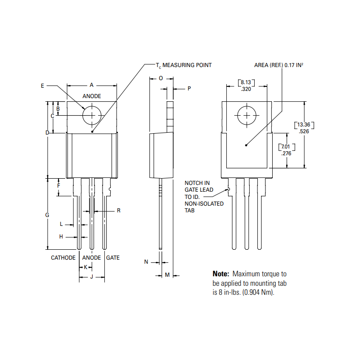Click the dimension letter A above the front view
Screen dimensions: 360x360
pyautogui.click(x=91, y=85)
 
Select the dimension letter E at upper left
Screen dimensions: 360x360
pyautogui.click(x=42, y=85)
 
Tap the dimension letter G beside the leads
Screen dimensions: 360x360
pyautogui.click(x=47, y=215)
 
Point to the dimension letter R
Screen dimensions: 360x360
pyautogui.click(x=118, y=210)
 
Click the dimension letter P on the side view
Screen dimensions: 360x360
pyautogui.click(x=189, y=89)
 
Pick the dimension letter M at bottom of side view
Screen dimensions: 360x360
pyautogui.click(x=166, y=274)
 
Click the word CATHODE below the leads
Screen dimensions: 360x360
pyautogui.click(x=63, y=258)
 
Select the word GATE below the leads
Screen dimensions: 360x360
pyautogui.click(x=113, y=258)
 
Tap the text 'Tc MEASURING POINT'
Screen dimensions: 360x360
pyautogui.click(x=184, y=65)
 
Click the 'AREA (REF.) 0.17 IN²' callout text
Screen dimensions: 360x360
pyautogui.click(x=279, y=65)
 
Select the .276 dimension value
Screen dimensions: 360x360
pyautogui.click(x=286, y=153)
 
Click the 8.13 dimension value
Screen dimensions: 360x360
pyautogui.click(x=246, y=82)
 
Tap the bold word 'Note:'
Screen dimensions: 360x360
pyautogui.click(x=221, y=274)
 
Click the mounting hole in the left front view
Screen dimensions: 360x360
pyautogui.click(x=92, y=115)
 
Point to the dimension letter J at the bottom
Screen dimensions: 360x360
pyautogui.click(x=92, y=277)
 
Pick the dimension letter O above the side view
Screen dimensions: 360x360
pyautogui.click(x=161, y=78)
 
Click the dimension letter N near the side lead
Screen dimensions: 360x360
pyautogui.click(x=146, y=261)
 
